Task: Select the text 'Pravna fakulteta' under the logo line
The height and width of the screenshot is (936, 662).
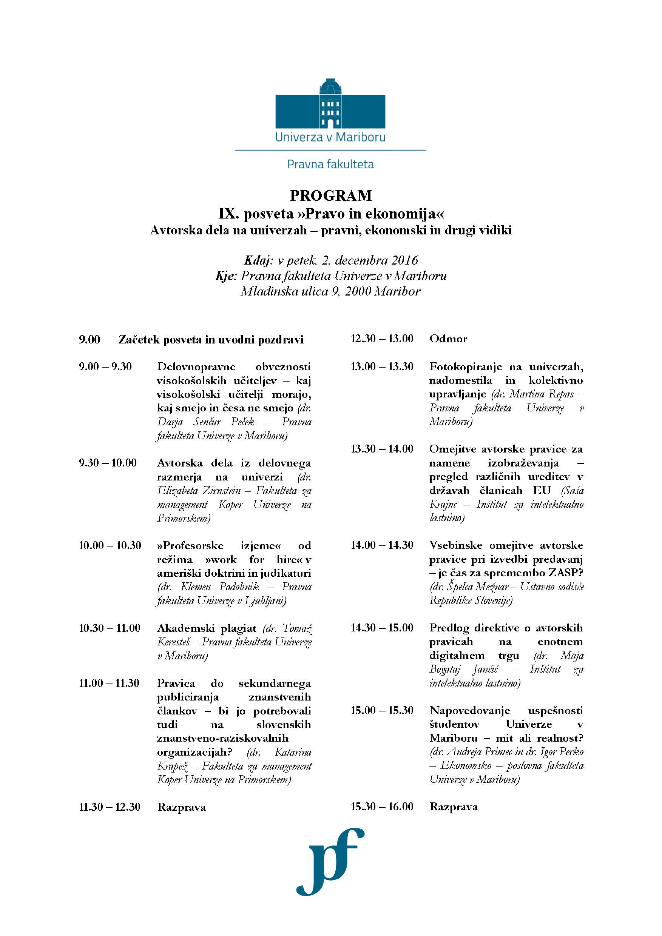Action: (x=330, y=164)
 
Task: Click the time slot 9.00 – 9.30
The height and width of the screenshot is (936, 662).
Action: (x=105, y=366)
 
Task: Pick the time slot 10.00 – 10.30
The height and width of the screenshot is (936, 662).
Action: (x=110, y=545)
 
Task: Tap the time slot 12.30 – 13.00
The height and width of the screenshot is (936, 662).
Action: (x=382, y=339)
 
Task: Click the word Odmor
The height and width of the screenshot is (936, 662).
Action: (x=448, y=339)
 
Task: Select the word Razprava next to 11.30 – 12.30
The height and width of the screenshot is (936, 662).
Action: (x=182, y=807)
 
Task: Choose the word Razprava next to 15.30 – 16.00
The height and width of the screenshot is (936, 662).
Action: (x=454, y=807)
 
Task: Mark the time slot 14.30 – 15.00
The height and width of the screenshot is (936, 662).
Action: (x=382, y=628)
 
